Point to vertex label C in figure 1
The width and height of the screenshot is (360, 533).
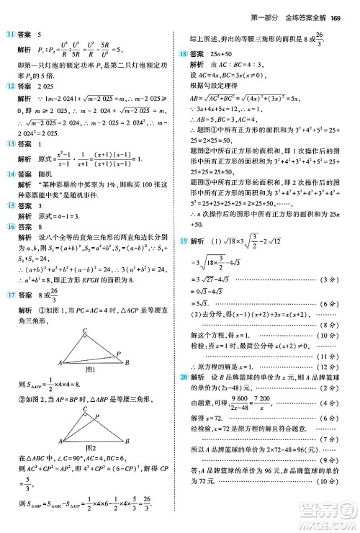85,310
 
